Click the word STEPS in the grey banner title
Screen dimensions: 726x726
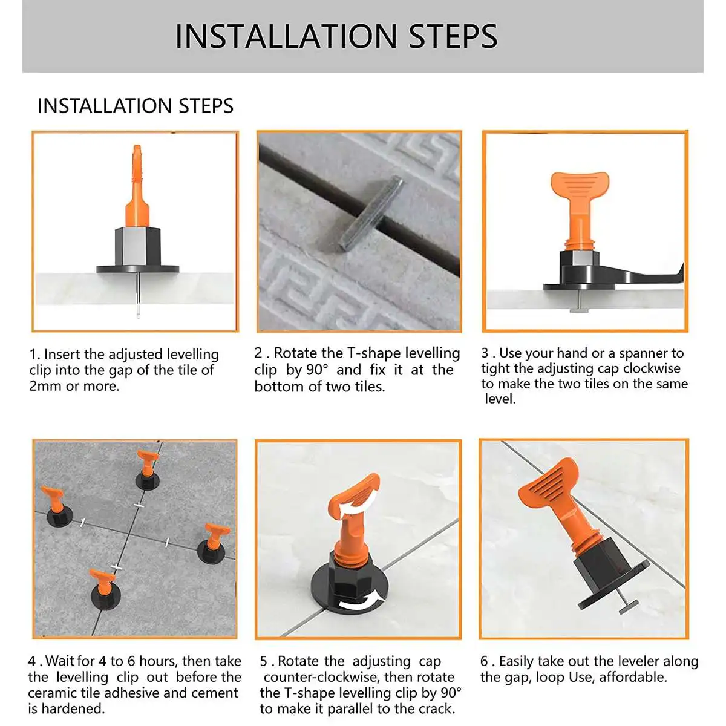click(453, 36)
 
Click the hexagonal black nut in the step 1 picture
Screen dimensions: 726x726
click(137, 246)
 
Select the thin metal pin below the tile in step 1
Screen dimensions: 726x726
click(138, 295)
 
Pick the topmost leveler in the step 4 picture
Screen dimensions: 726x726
click(147, 470)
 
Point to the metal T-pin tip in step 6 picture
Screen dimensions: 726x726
click(629, 606)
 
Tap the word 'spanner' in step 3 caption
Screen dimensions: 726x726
click(641, 353)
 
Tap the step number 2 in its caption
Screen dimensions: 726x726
click(258, 353)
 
